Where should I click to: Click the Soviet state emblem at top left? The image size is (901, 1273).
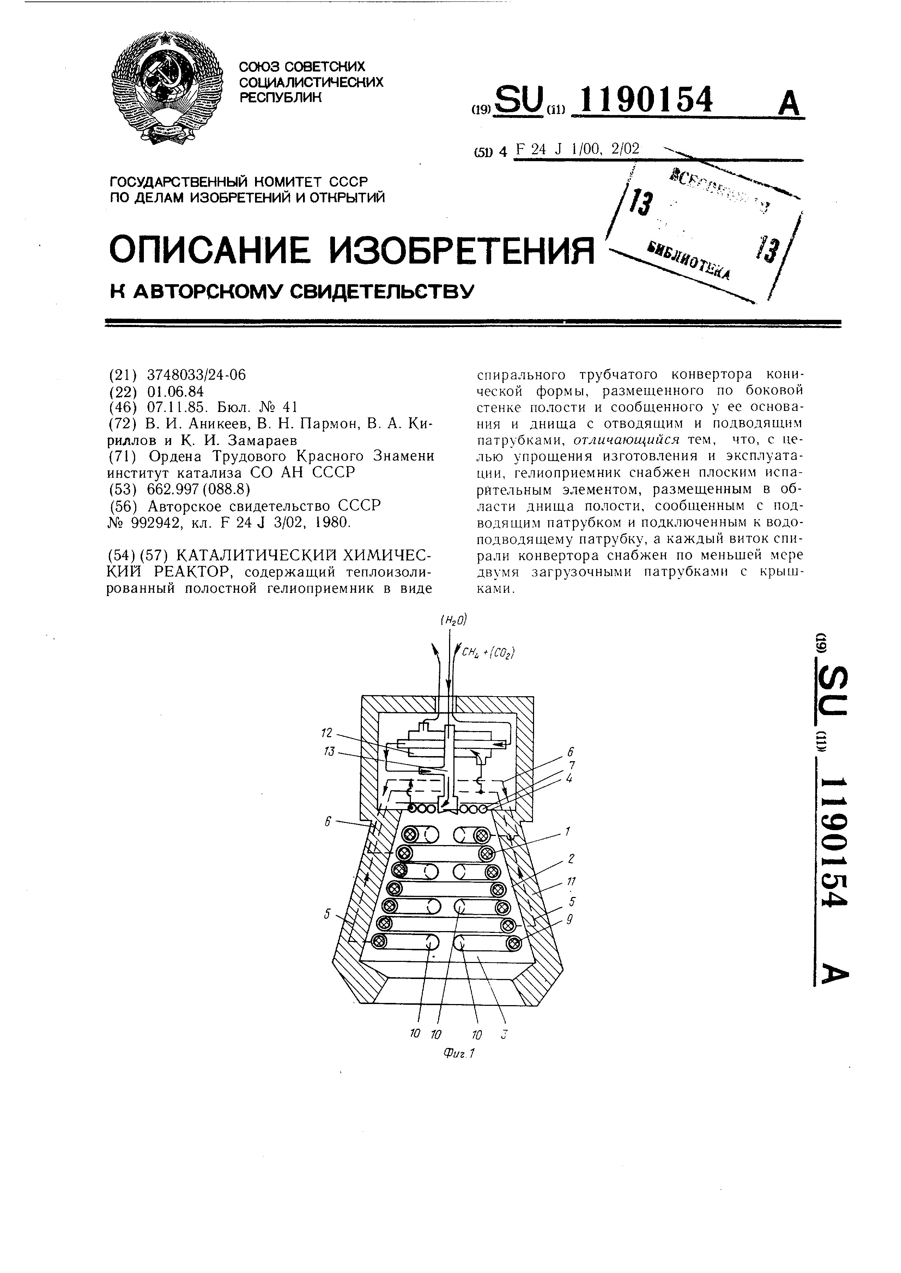(166, 89)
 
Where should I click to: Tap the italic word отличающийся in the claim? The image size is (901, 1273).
(626, 440)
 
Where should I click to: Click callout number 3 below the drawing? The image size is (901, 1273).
(504, 1035)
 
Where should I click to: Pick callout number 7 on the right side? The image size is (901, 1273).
(571, 765)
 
